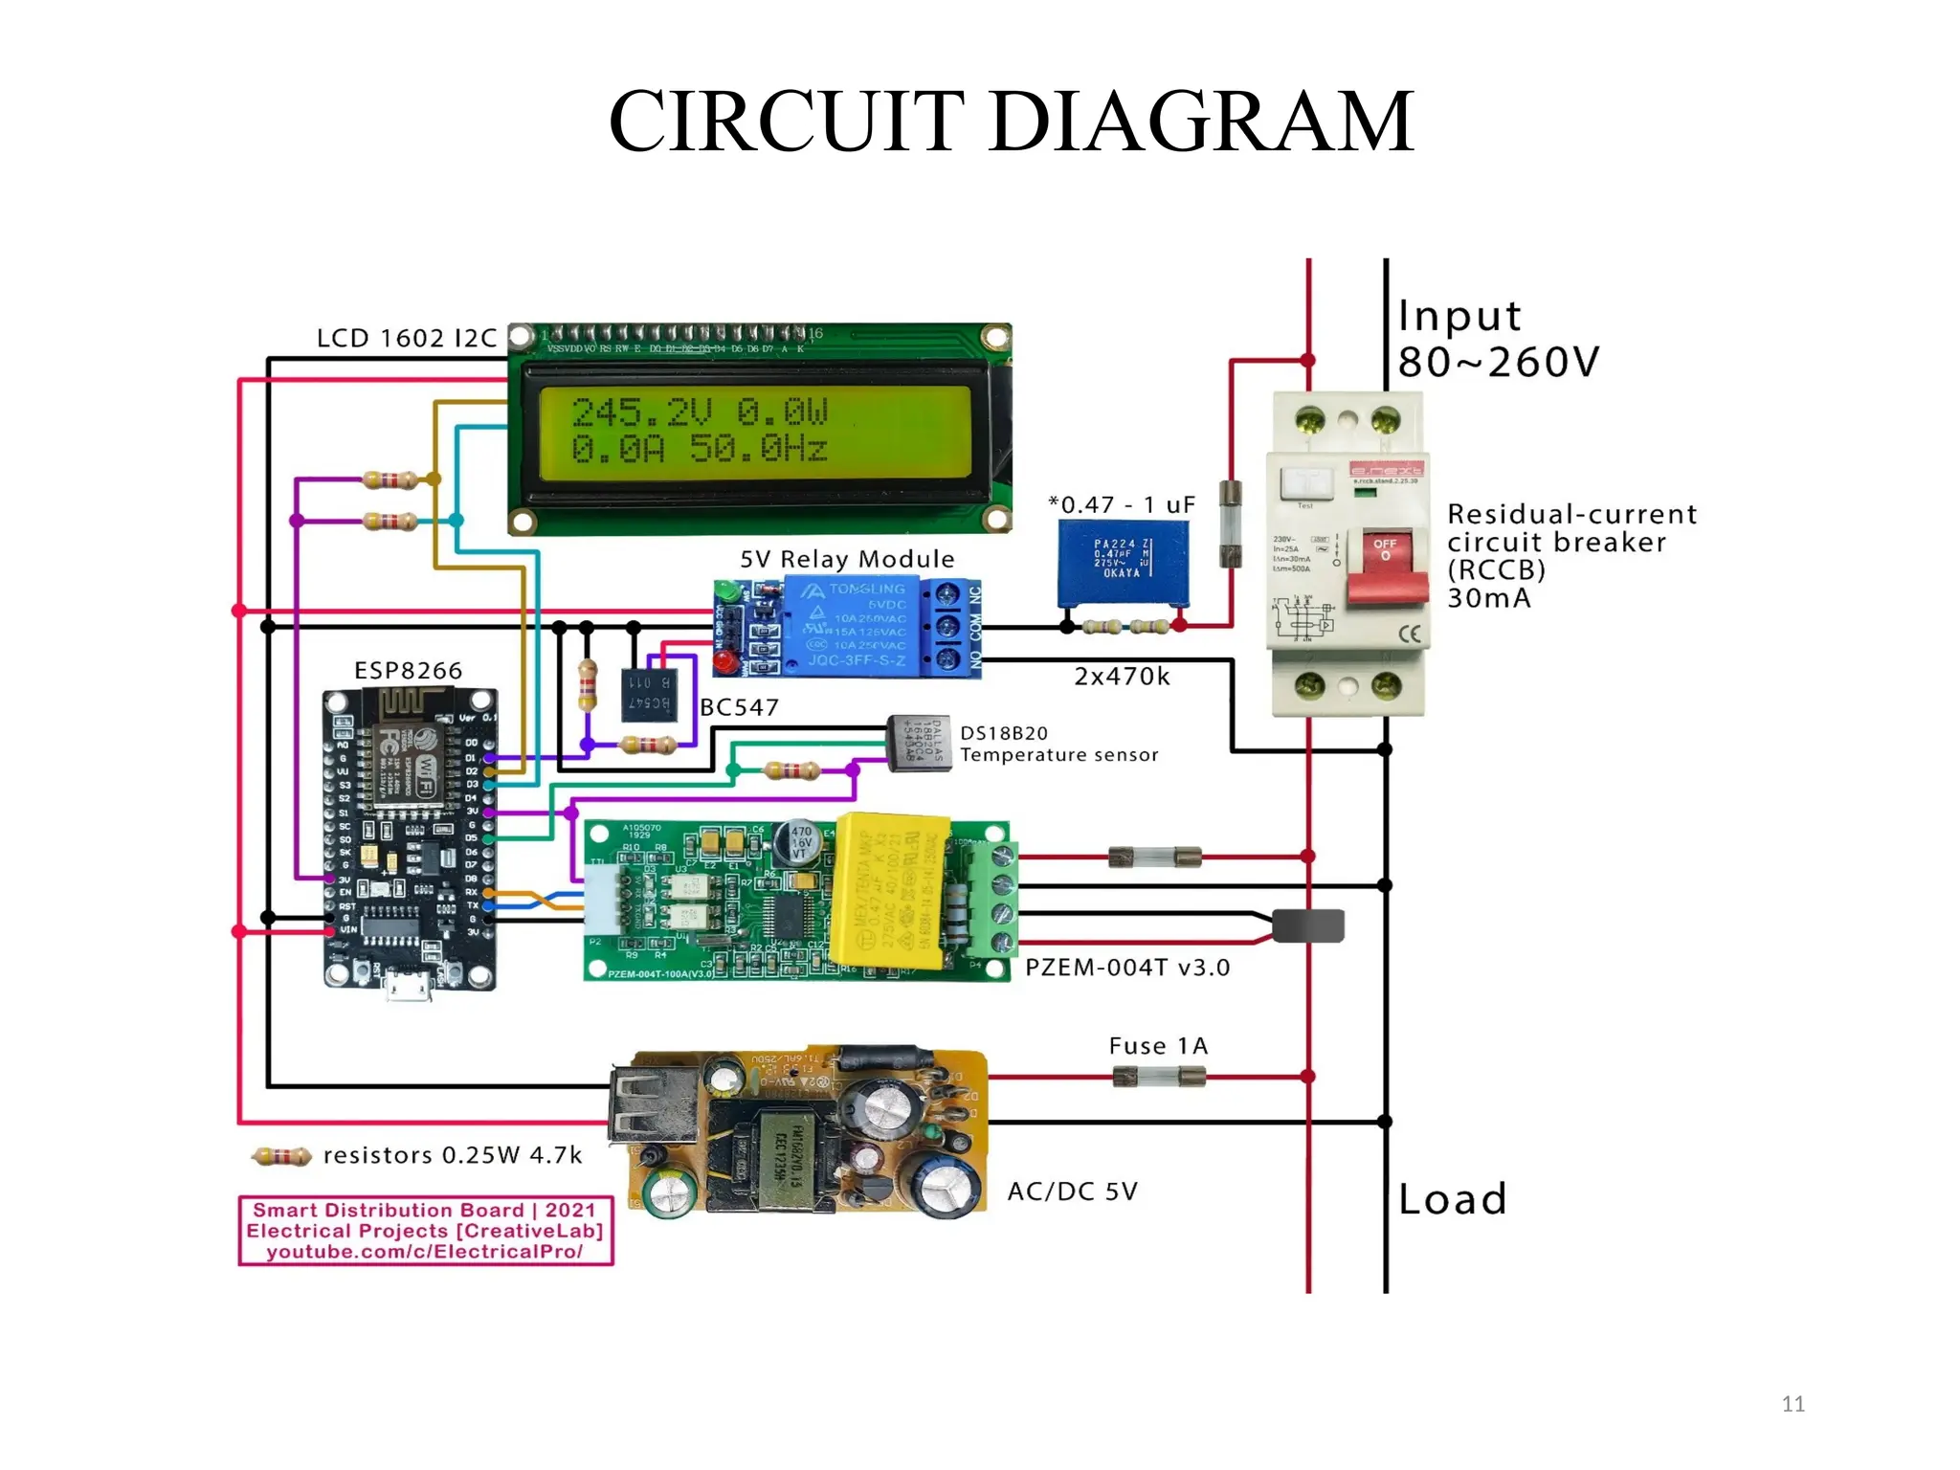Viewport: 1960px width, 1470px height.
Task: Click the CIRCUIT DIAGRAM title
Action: (1011, 122)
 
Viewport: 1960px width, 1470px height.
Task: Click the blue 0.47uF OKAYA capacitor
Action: (1124, 563)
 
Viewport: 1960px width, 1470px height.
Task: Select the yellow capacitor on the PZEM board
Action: (890, 890)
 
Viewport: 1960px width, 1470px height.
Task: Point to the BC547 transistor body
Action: (650, 695)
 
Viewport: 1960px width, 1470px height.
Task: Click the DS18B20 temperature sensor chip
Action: (918, 743)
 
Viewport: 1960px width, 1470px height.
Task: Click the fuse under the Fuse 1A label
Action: (1159, 1078)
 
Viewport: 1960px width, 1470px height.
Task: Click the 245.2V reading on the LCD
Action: (641, 412)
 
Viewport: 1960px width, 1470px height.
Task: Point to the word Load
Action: (1452, 1199)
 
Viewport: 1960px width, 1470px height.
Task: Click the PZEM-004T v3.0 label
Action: (1126, 968)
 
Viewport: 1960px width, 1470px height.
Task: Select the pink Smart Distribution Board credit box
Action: (425, 1231)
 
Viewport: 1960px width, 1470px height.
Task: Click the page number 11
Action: (1793, 1404)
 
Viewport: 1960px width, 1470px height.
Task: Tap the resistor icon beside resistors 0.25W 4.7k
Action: (281, 1157)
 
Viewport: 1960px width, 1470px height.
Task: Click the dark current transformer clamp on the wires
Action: (1308, 925)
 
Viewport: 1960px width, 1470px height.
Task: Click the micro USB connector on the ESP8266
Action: (409, 987)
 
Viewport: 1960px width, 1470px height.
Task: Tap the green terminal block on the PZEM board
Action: (996, 900)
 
